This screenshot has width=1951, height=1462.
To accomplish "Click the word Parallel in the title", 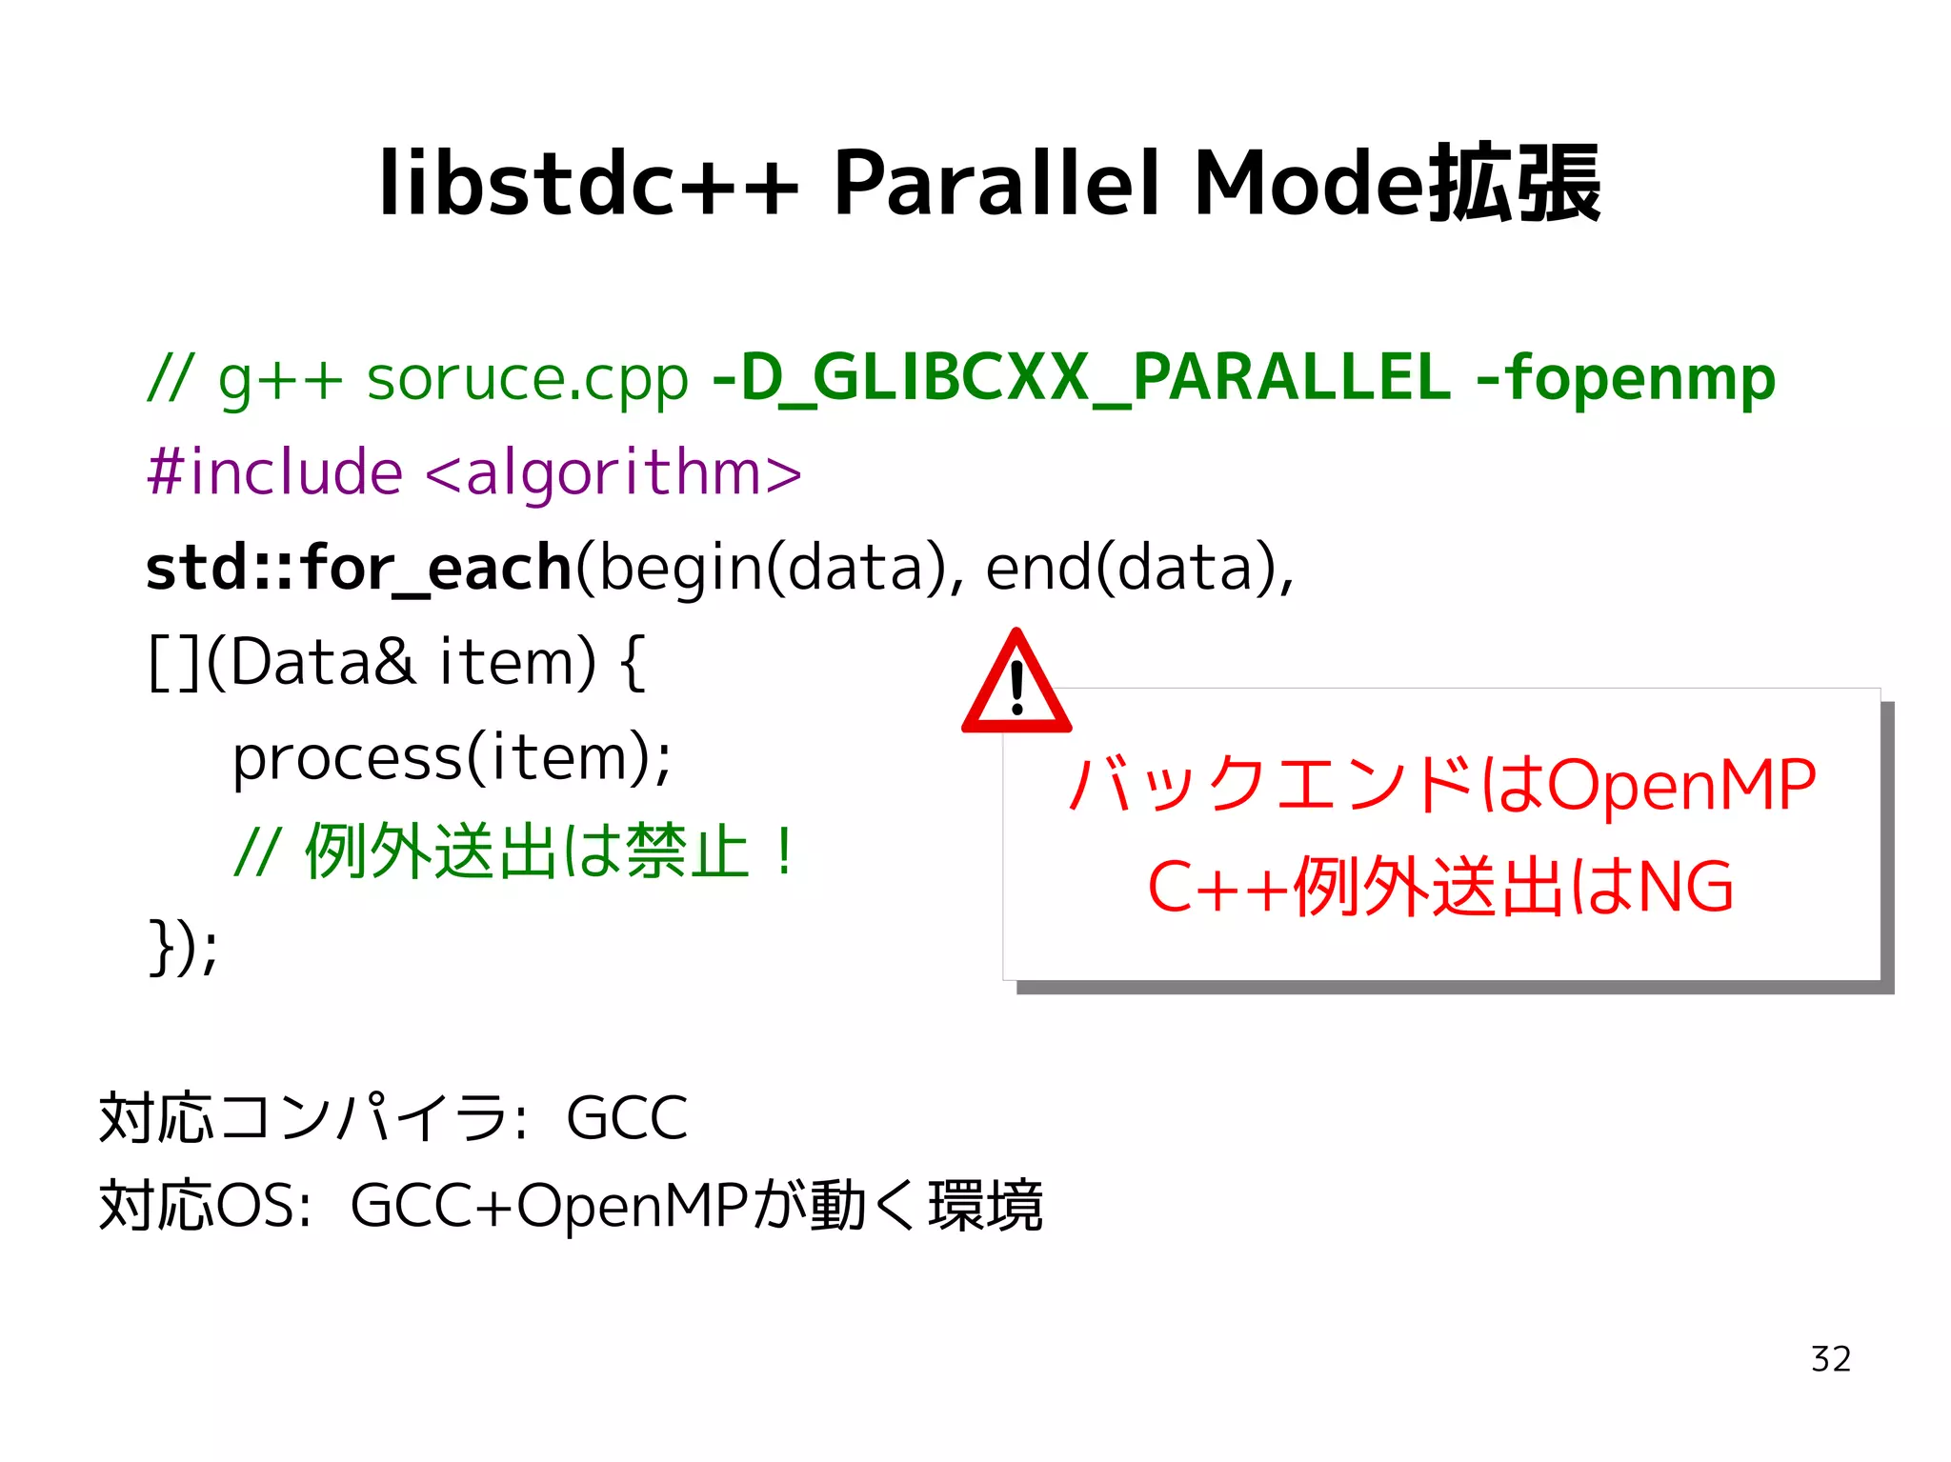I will [996, 183].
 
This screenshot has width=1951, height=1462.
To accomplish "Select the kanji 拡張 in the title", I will [1515, 183].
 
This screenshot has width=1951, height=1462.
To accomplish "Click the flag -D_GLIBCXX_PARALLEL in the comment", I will [1081, 378].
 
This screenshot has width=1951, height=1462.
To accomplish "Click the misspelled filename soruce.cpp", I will [527, 378].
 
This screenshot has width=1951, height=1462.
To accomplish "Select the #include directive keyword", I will [274, 472].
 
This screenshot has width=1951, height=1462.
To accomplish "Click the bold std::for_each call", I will [358, 568].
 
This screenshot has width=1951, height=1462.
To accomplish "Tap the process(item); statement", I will [452, 758].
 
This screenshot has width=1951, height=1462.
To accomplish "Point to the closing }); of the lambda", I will [184, 947].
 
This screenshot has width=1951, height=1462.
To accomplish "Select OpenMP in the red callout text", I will [1681, 786].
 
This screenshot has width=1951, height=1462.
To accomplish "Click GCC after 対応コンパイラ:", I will [626, 1118].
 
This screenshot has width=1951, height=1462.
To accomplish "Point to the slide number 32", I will [1830, 1359].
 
